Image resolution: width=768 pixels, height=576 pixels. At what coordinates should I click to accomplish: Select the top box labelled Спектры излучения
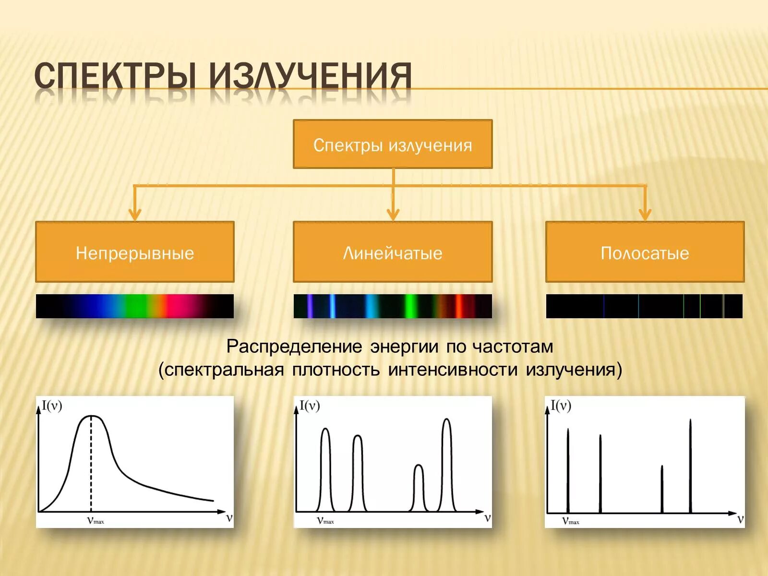click(x=393, y=144)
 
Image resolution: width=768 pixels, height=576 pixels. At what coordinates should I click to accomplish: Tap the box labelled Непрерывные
click(x=135, y=252)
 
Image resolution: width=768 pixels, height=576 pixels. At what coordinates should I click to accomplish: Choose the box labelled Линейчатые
click(x=393, y=252)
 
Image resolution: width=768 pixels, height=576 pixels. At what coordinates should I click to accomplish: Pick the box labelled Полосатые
click(x=645, y=252)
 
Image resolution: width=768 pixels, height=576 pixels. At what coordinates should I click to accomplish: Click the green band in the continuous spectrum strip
click(x=136, y=306)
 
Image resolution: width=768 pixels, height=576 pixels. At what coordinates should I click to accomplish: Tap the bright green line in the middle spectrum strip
click(x=409, y=306)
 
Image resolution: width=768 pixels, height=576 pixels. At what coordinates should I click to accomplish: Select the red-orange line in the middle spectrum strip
click(x=457, y=306)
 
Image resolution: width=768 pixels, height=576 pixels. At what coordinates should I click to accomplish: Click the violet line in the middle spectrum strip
click(x=310, y=306)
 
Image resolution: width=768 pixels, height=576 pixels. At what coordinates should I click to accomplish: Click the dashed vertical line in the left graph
click(x=91, y=466)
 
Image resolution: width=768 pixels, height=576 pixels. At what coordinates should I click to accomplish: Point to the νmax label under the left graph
click(x=95, y=520)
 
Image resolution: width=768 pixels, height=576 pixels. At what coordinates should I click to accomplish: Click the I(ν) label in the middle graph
click(x=310, y=406)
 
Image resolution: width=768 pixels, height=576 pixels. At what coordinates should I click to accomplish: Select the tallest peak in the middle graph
click(x=447, y=420)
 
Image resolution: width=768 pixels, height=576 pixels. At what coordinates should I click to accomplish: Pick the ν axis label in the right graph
click(x=740, y=519)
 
